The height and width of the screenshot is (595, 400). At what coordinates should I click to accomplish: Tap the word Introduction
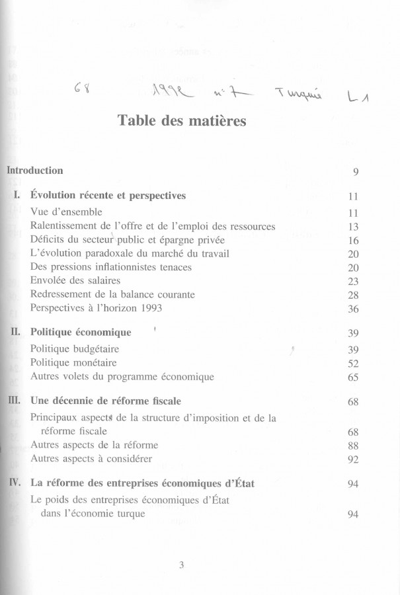point(34,171)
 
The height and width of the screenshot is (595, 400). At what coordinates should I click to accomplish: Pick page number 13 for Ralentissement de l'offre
point(352,227)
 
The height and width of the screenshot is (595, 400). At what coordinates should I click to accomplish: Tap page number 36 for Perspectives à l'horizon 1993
point(352,308)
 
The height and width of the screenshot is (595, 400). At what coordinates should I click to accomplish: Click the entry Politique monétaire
point(73,363)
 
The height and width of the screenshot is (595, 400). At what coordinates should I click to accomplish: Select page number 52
point(352,363)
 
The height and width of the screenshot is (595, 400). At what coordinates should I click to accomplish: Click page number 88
point(352,445)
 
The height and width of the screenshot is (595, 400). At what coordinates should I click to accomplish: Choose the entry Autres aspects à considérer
point(91,459)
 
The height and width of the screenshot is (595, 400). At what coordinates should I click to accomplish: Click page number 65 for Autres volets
point(352,377)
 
